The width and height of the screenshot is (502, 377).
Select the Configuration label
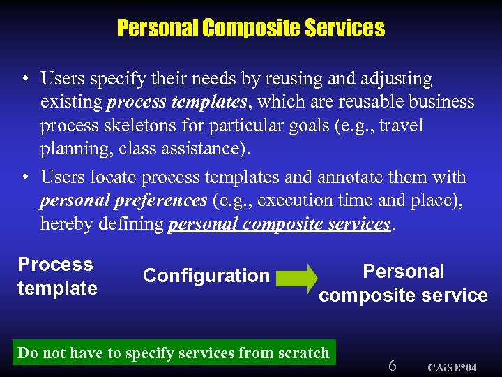point(206,276)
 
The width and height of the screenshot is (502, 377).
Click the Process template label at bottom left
point(56,276)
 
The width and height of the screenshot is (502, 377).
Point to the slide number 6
point(393,365)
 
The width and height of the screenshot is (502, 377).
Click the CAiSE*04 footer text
point(452,367)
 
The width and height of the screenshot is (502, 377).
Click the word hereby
point(66,223)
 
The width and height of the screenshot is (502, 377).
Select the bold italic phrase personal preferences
point(123,200)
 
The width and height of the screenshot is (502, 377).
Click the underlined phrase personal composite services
point(279,223)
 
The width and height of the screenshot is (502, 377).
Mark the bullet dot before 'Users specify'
point(25,79)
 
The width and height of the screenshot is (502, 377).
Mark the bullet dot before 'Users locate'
point(25,177)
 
